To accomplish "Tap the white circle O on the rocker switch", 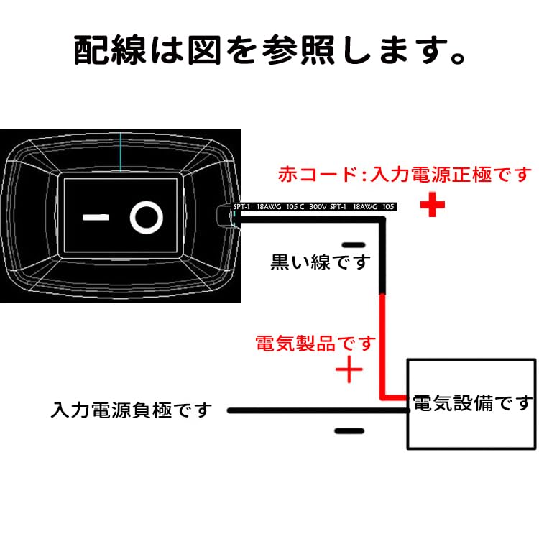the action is pyautogui.click(x=146, y=216).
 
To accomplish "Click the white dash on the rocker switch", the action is pyautogui.click(x=95, y=216).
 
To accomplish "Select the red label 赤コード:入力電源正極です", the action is pyautogui.click(x=406, y=175).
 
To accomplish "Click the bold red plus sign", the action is pyautogui.click(x=432, y=206).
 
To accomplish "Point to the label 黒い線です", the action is pyautogui.click(x=320, y=262).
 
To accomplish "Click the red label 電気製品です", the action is pyautogui.click(x=315, y=343).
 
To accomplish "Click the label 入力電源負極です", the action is pyautogui.click(x=132, y=410).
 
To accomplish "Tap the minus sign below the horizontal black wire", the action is pyautogui.click(x=349, y=431).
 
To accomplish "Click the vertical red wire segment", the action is pyautogui.click(x=383, y=345).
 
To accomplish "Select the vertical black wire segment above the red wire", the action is pyautogui.click(x=383, y=259).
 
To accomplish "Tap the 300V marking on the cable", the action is pyautogui.click(x=317, y=207).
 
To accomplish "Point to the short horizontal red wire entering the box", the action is pyautogui.click(x=395, y=396).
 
